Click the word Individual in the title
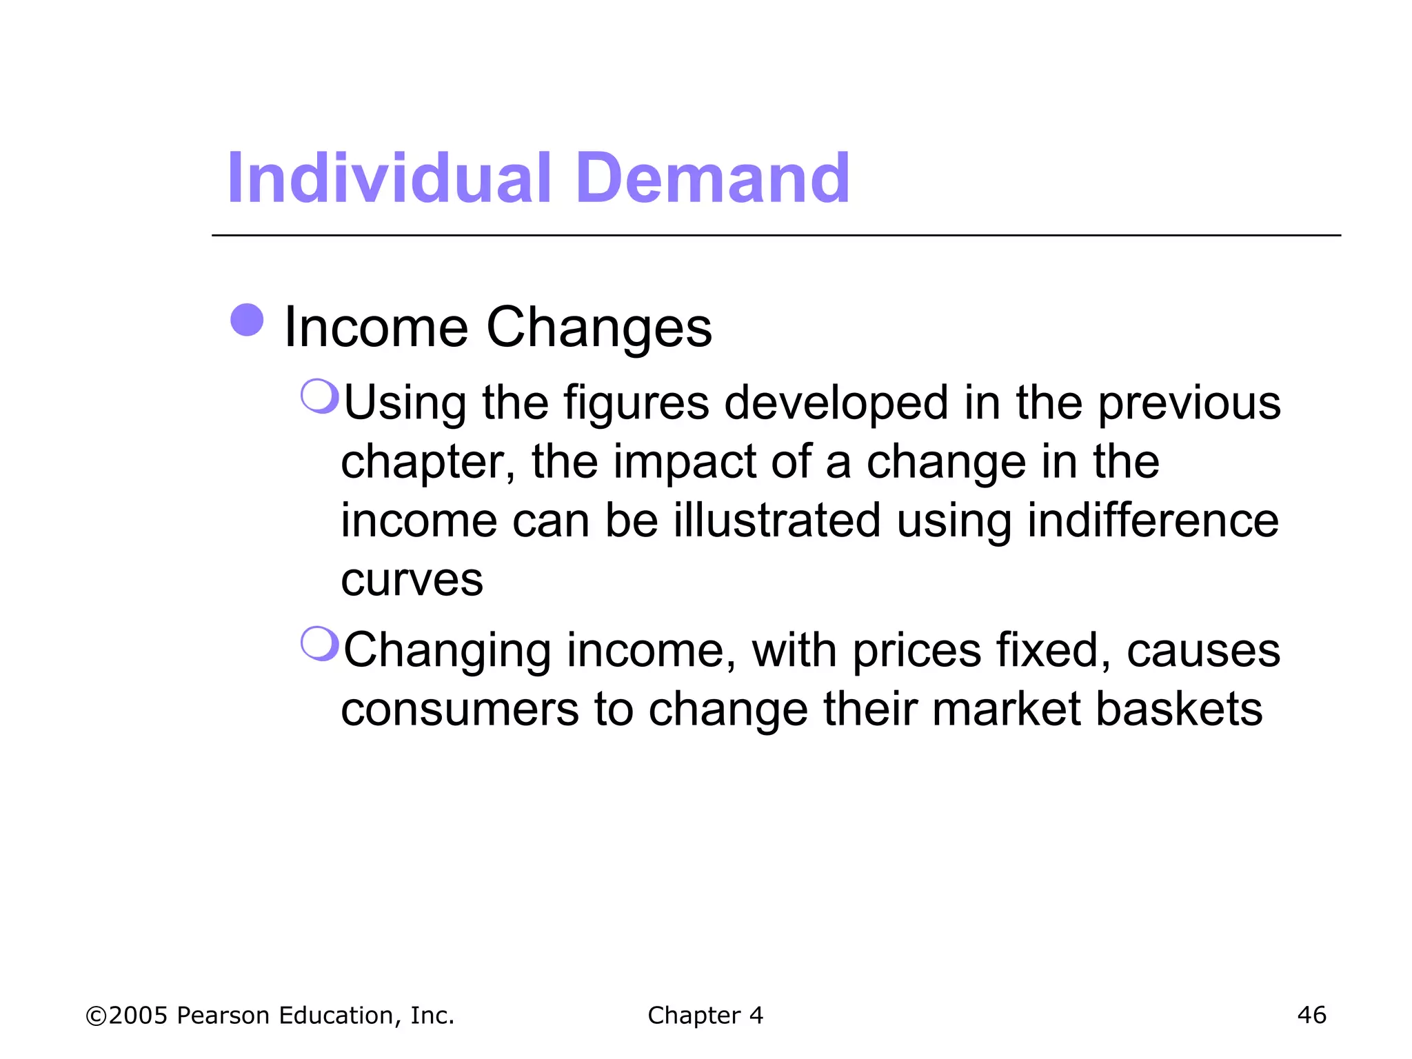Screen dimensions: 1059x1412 389,179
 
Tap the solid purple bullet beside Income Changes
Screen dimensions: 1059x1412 247,320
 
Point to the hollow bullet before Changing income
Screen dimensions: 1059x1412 320,644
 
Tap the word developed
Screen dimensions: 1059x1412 836,403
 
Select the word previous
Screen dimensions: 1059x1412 1189,403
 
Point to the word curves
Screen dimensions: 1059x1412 412,580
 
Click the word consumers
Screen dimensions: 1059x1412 460,709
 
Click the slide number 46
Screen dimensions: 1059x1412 1311,1015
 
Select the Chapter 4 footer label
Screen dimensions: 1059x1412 705,1015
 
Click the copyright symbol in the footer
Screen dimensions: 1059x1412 96,1016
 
